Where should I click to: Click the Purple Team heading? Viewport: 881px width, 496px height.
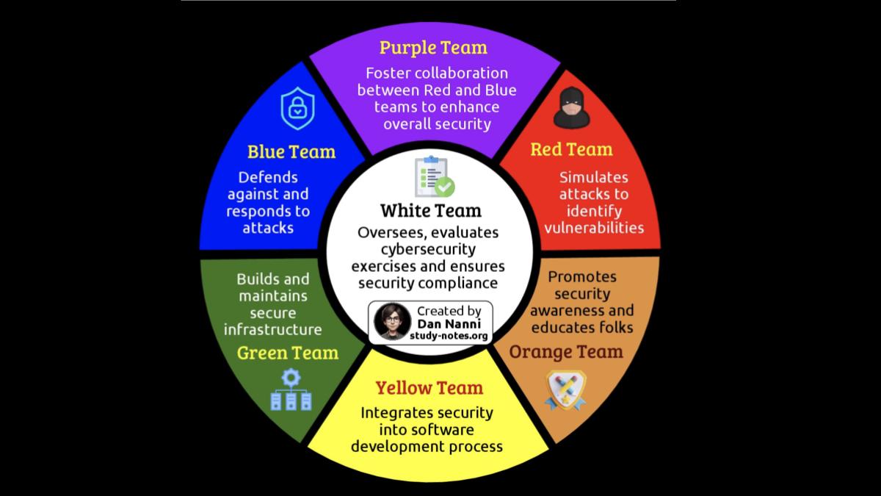pos(433,48)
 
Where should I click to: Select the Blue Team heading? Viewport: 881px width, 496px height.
pos(291,152)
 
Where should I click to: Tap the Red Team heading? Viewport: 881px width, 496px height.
pos(571,150)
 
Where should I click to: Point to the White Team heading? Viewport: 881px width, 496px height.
pos(431,212)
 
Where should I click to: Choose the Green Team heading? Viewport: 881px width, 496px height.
pos(288,353)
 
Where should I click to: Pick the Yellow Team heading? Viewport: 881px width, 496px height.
pos(429,388)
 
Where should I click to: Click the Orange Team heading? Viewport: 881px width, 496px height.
pos(566,352)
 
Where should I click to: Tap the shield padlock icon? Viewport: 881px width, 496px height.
pos(297,109)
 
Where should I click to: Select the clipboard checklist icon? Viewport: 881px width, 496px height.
pos(433,176)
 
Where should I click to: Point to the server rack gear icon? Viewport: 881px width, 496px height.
pos(291,390)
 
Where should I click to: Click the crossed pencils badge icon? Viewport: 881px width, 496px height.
pos(565,390)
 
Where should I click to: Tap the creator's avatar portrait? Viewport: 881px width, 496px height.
pos(392,322)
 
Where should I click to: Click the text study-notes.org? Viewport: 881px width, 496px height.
pos(450,335)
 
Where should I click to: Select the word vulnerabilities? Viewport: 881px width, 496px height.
pos(594,228)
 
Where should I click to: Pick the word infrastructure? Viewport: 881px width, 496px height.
pos(272,329)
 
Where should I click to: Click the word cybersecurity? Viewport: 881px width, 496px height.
pos(428,249)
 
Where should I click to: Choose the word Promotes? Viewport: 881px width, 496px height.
pos(582,277)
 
